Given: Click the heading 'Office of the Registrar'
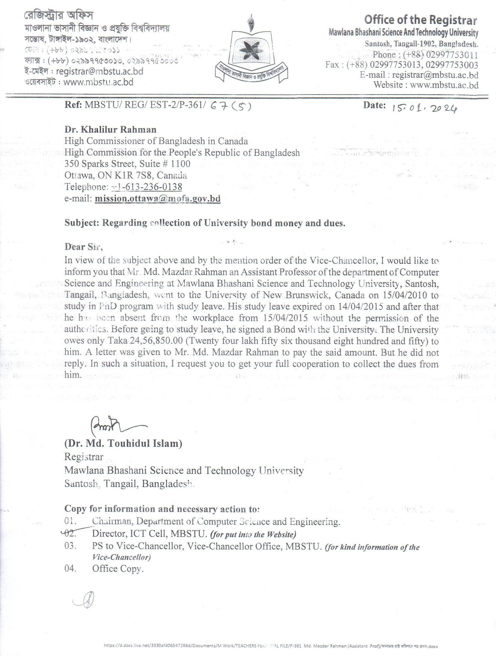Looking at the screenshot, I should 420,20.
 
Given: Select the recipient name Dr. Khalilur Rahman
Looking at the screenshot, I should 111,129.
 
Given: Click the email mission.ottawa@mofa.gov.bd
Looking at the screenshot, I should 157,198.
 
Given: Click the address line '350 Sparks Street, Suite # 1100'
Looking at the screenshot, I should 127,164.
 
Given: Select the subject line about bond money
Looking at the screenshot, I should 205,223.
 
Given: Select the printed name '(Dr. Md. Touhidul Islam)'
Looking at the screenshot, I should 123,444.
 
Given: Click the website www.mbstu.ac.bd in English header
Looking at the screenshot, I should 444,85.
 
